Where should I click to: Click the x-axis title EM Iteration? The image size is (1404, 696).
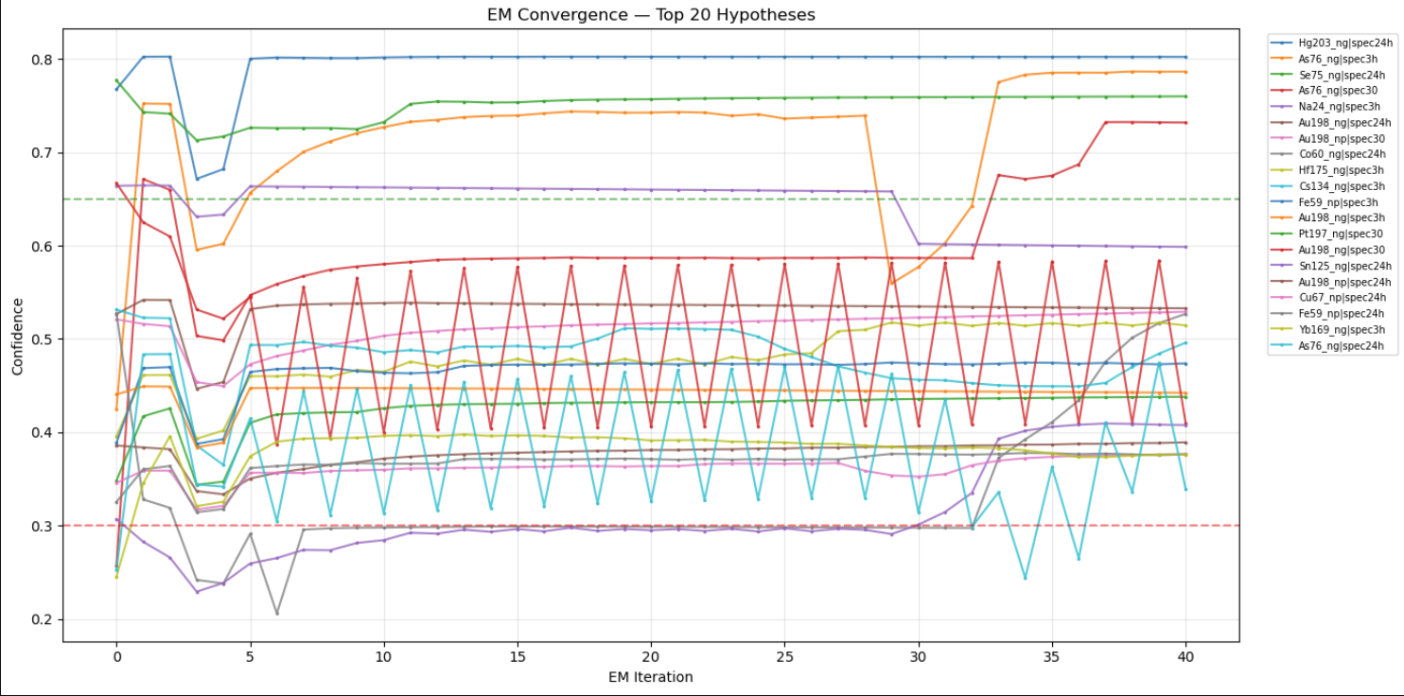point(650,677)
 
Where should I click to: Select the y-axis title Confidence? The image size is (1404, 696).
point(17,337)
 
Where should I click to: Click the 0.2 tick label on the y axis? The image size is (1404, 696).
point(44,619)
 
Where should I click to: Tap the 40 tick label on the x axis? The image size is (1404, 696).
point(1185,655)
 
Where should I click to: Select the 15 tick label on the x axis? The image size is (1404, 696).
point(517,655)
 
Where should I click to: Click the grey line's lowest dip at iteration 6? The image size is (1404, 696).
point(277,614)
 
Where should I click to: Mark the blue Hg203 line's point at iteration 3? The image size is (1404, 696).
point(197,179)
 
